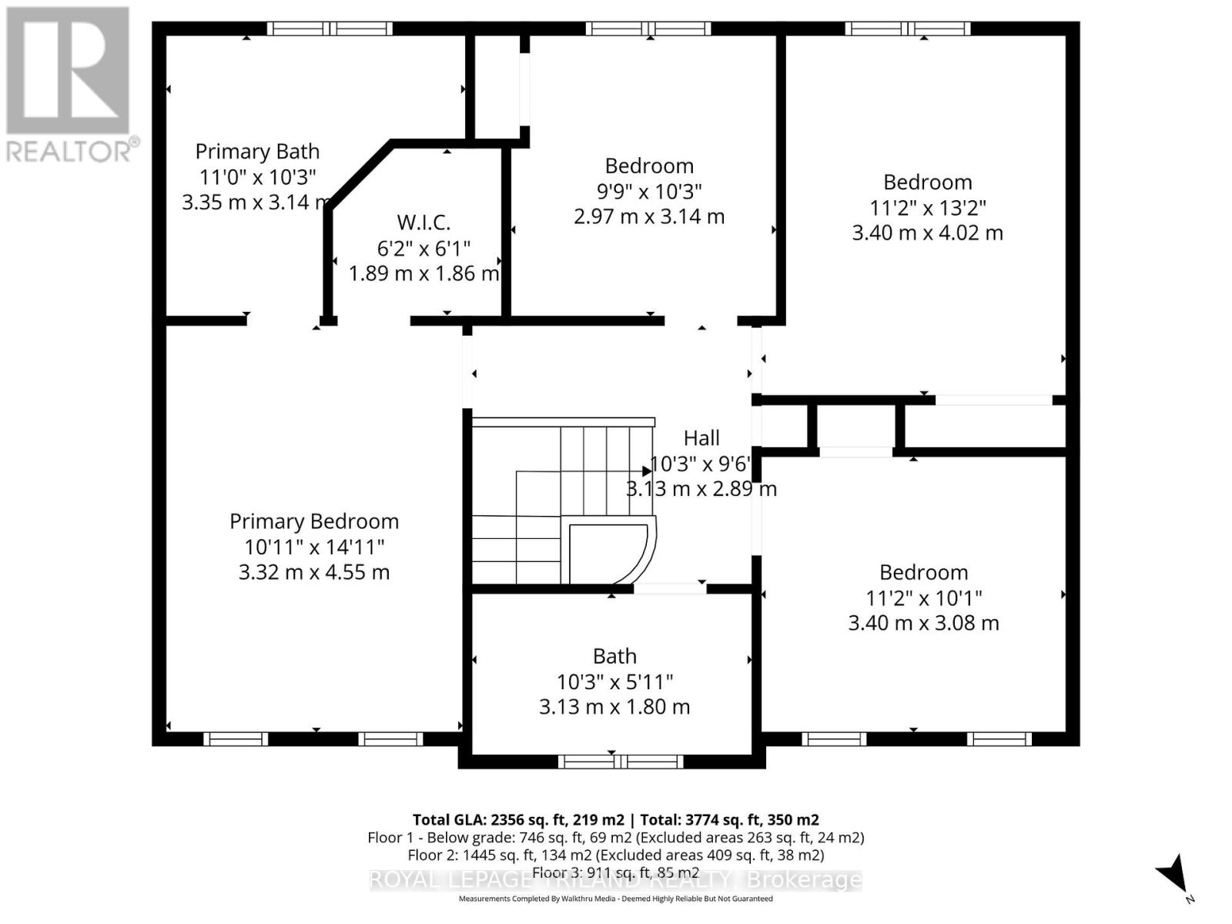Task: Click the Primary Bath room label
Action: pyautogui.click(x=257, y=152)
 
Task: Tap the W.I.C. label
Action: pyautogui.click(x=423, y=223)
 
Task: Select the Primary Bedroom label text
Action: pyautogui.click(x=314, y=521)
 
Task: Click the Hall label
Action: pyautogui.click(x=701, y=438)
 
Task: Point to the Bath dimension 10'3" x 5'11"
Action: pyautogui.click(x=614, y=681)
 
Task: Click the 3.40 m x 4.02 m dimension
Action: pyautogui.click(x=927, y=233)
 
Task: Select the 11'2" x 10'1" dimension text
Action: pyautogui.click(x=923, y=598)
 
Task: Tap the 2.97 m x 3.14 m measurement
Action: pyautogui.click(x=649, y=216)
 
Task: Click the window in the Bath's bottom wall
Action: pyautogui.click(x=621, y=762)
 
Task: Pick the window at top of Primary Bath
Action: pyautogui.click(x=330, y=28)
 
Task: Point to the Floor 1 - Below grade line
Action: pyautogui.click(x=615, y=838)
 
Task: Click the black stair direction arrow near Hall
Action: pyautogui.click(x=647, y=470)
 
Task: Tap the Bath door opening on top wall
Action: pyautogui.click(x=670, y=588)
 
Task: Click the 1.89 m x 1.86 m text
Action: pyautogui.click(x=423, y=273)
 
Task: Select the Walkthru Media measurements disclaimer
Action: pyautogui.click(x=615, y=899)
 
